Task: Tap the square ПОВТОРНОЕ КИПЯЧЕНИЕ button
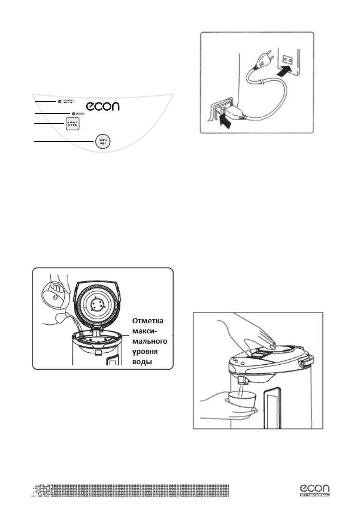pos(73,124)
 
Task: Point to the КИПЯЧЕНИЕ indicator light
pos(73,114)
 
